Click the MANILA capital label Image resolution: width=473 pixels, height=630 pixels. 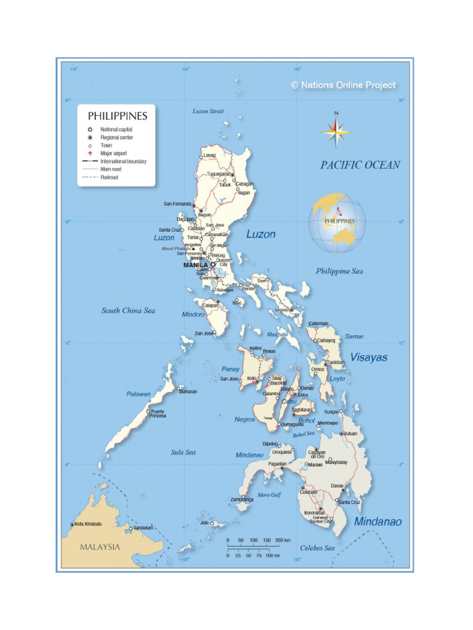pos(195,265)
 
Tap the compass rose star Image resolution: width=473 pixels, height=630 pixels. pos(336,131)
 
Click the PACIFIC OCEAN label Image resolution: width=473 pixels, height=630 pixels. pos(360,165)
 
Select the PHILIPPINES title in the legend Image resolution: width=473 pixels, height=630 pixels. pos(117,116)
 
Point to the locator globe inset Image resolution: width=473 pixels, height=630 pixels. pos(337,223)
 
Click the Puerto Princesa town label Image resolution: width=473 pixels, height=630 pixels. pos(158,413)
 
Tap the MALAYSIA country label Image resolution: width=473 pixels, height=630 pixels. pos(100,547)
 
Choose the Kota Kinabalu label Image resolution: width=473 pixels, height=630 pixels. pos(88,524)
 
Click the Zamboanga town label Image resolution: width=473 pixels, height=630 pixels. pos(242,500)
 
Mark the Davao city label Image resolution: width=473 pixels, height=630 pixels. pos(337,485)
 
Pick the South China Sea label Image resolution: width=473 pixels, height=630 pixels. pos(128,311)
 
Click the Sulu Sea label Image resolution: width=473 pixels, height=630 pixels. pos(183,452)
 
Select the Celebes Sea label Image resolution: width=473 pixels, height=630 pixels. pos(317,548)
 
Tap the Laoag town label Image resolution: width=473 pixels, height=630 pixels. pos(209,155)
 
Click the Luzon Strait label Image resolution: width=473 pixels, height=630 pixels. pos(208,111)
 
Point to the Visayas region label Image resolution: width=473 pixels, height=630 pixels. pos(368,357)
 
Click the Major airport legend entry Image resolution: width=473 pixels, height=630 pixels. pos(113,153)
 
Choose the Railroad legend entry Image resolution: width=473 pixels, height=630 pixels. pos(110,177)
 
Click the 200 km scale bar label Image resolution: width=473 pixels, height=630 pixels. pos(283,540)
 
